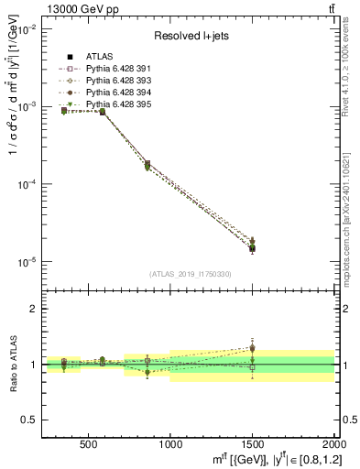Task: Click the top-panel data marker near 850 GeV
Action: pyautogui.click(x=147, y=165)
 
